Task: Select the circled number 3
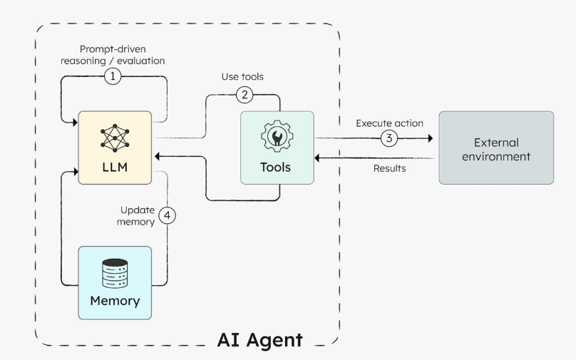(x=388, y=138)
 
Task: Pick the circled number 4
(x=167, y=215)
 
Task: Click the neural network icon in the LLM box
(x=114, y=138)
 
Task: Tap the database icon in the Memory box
(x=114, y=272)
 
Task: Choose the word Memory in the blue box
(x=114, y=301)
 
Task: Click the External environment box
(x=495, y=148)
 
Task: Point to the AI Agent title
(x=259, y=339)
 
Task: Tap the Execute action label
(x=389, y=123)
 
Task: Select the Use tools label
(x=244, y=77)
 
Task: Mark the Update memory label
(x=137, y=216)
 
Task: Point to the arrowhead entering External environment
(x=430, y=138)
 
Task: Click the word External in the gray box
(x=495, y=142)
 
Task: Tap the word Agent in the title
(x=275, y=339)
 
